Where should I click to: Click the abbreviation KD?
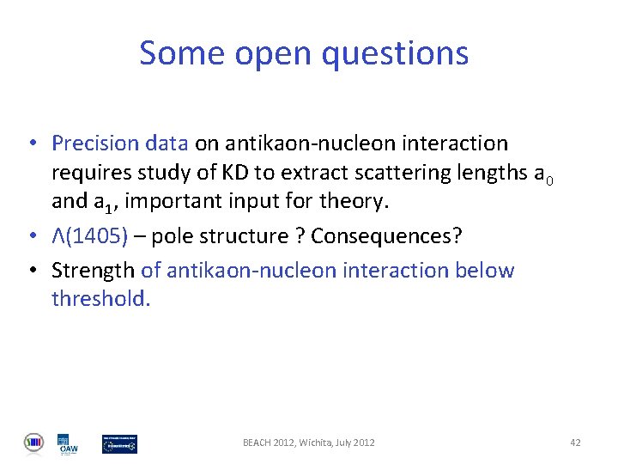tap(237, 173)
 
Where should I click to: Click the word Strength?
tap(93, 270)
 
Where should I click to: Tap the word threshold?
tap(100, 298)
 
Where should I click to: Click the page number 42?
tap(575, 443)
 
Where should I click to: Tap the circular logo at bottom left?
tap(33, 443)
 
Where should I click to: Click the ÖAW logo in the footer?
tap(68, 443)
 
